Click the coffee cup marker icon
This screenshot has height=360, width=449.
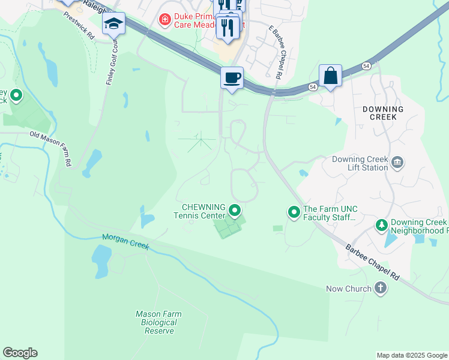point(232,77)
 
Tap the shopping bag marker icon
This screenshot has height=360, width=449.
point(330,76)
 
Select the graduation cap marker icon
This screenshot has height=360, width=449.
point(113,23)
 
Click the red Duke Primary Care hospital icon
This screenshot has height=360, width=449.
point(164,20)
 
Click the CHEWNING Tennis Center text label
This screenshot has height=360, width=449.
point(200,211)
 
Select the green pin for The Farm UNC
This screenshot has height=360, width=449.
point(294,212)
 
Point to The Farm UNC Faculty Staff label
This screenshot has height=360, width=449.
point(330,213)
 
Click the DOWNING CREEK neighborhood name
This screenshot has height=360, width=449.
point(383,113)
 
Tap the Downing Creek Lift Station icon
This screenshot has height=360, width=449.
point(397,162)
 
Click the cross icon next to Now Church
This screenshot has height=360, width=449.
point(379,289)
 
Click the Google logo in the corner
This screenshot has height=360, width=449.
point(20,353)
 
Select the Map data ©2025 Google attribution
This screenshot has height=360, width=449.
point(412,355)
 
